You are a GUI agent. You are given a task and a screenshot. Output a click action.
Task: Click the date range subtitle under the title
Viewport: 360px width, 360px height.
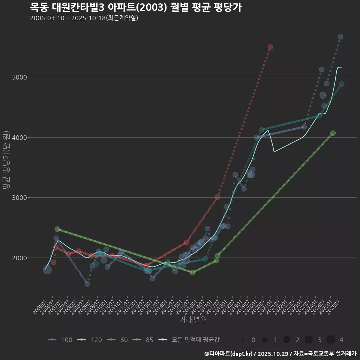click(84, 18)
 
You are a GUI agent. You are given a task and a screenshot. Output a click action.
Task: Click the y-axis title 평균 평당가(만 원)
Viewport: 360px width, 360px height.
click(6, 160)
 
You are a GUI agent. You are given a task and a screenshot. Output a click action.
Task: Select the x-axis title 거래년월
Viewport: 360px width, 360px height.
click(193, 319)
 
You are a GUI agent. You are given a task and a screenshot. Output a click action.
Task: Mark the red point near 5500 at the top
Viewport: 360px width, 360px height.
click(270, 47)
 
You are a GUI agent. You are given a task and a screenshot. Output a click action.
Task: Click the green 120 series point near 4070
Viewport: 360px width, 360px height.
click(333, 133)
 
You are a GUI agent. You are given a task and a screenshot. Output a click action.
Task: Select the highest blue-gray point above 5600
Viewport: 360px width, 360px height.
click(340, 37)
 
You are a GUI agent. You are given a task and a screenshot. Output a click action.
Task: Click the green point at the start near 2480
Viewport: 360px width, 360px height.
click(57, 229)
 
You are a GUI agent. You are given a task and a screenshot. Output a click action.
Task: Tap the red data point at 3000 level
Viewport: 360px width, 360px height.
click(217, 197)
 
